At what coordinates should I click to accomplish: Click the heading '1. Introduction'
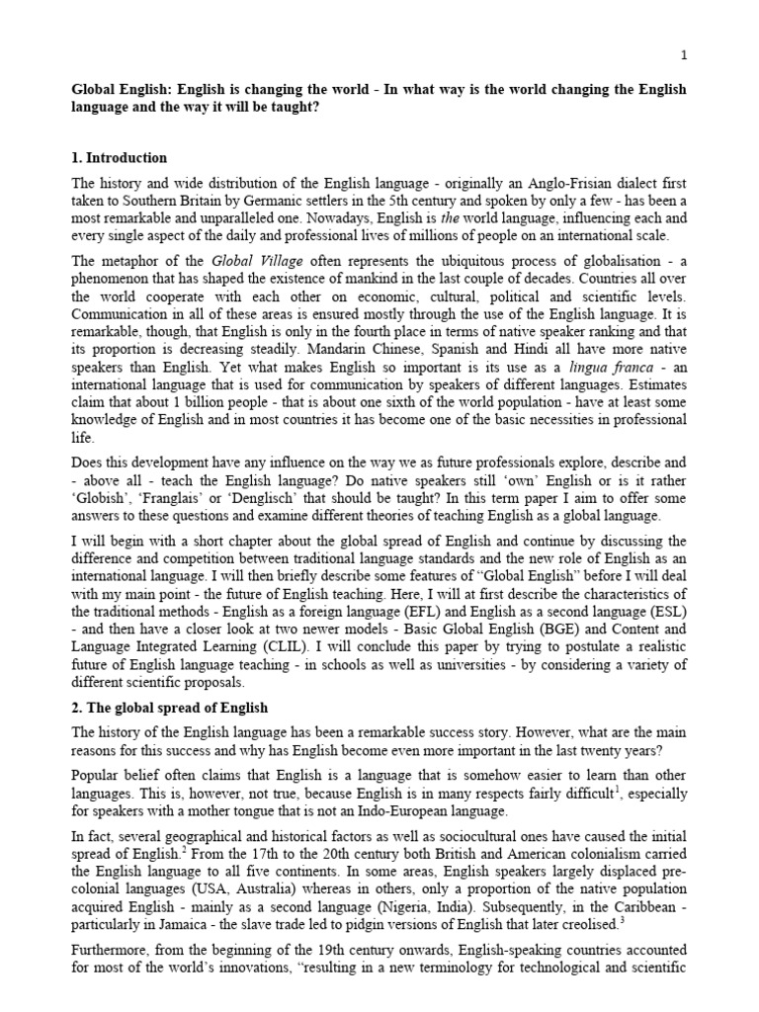119,158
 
